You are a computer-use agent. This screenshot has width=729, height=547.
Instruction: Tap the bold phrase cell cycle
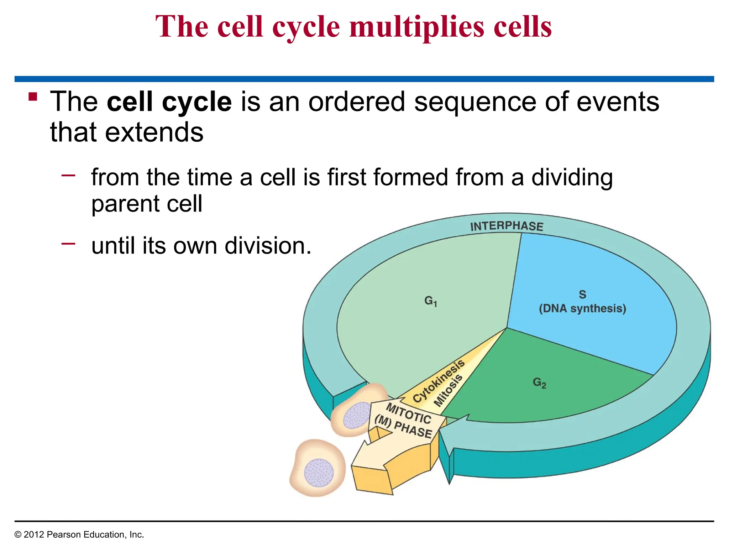coord(169,102)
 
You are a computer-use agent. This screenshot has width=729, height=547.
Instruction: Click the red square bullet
coord(33,97)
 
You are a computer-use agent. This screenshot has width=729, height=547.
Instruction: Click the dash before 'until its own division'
coord(68,244)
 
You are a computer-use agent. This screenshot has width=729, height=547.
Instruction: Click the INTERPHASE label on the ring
coord(506,226)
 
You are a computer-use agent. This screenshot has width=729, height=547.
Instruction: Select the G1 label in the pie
coord(430,301)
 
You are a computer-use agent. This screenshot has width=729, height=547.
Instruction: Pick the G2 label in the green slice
coord(539,383)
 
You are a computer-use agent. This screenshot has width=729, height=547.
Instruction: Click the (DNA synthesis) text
coord(582,308)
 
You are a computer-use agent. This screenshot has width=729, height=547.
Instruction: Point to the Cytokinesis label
coord(439,381)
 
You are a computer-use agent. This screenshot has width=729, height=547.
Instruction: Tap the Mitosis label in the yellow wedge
coord(448,390)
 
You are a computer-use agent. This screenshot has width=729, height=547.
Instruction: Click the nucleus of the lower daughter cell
coord(319,473)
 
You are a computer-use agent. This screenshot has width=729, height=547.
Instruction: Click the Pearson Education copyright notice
coord(79,535)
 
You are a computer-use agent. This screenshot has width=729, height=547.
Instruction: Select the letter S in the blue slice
coord(582,295)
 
